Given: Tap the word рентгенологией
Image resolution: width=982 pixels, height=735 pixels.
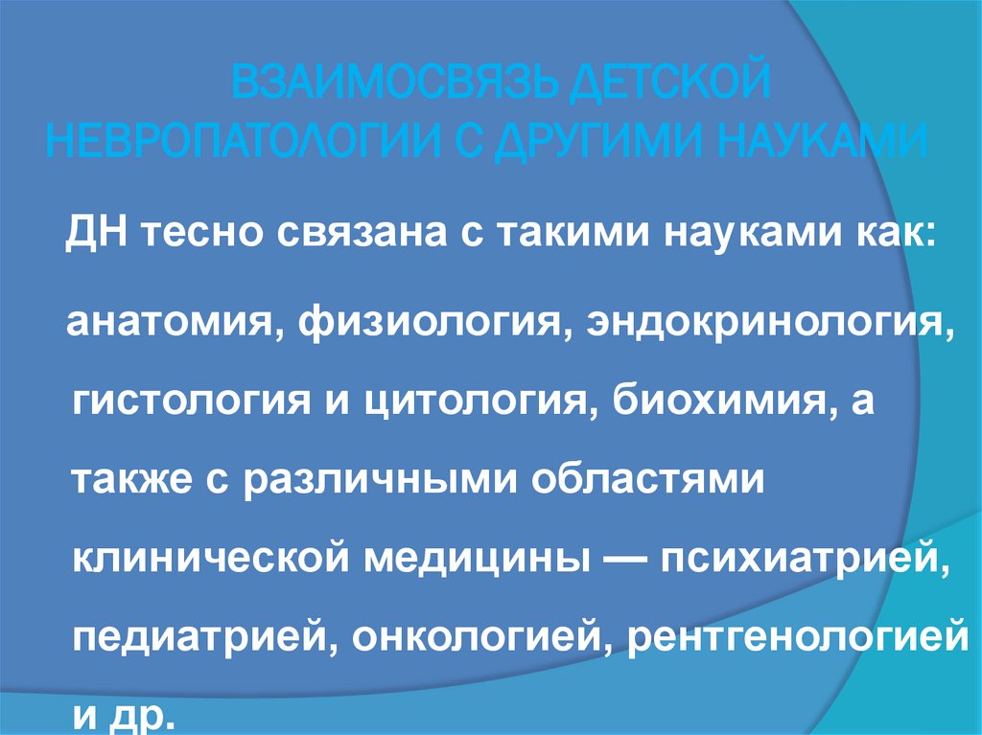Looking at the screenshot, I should [x=794, y=634].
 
